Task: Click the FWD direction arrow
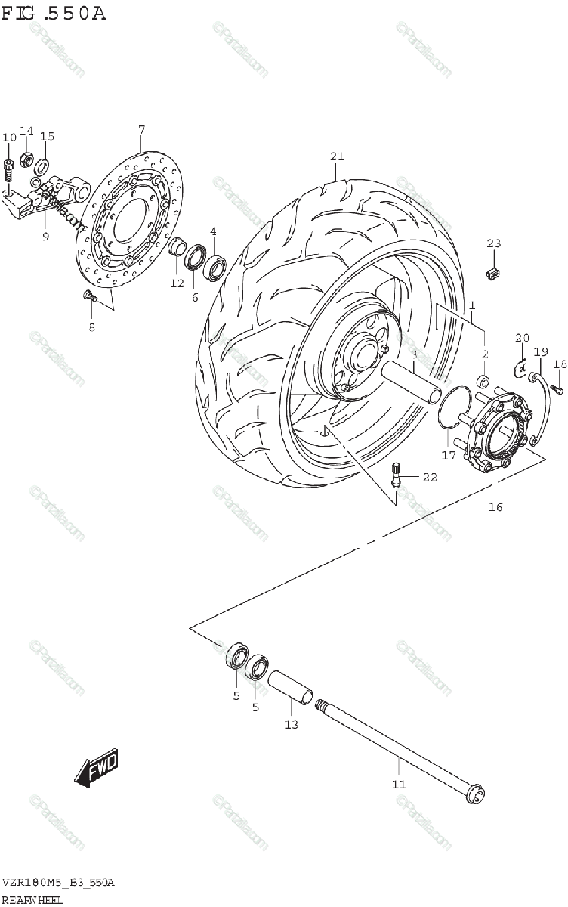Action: tap(97, 769)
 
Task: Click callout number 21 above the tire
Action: tap(337, 156)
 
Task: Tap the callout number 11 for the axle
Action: tap(399, 784)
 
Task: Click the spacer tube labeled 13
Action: tap(291, 687)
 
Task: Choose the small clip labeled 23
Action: tap(494, 274)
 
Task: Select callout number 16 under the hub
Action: tap(495, 506)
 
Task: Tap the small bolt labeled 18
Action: tap(557, 388)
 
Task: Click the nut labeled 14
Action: tap(26, 159)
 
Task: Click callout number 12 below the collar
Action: tap(176, 283)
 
